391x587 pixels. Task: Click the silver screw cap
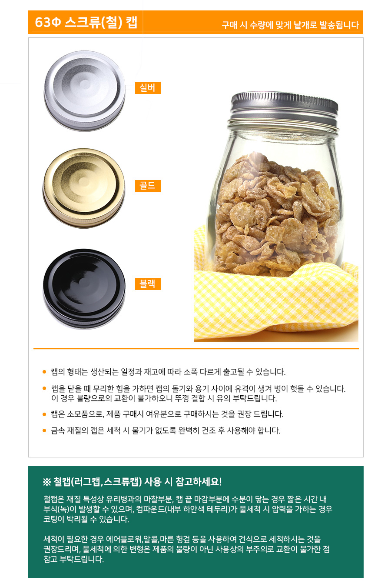[x=84, y=91]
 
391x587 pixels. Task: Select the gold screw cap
[x=84, y=188]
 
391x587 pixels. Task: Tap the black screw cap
[x=84, y=289]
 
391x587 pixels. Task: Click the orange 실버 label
[x=148, y=88]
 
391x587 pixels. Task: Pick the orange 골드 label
[x=148, y=186]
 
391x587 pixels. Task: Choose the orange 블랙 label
[x=148, y=284]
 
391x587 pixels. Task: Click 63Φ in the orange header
[x=48, y=22]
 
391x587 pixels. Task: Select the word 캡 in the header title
[x=132, y=22]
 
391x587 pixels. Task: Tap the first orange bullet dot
[x=44, y=372]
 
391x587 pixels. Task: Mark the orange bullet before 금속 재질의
[x=44, y=430]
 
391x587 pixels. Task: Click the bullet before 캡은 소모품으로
[x=44, y=414]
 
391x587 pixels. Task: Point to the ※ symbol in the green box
[x=47, y=482]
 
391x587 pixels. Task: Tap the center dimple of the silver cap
[x=85, y=83]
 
